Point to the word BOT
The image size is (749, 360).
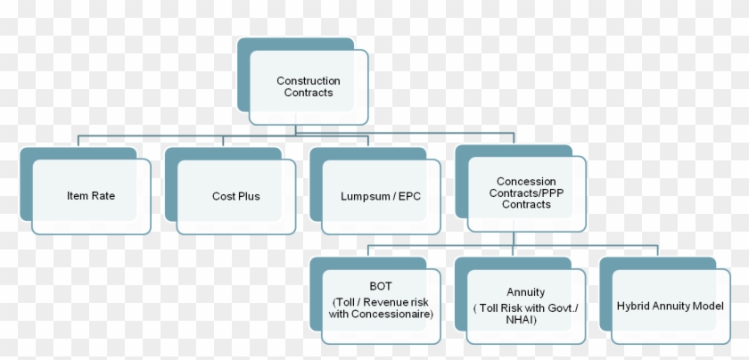[381, 286]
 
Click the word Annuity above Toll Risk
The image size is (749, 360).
[525, 292]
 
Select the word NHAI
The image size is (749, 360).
[521, 320]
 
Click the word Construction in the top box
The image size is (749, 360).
[309, 81]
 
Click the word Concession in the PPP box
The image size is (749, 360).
[526, 182]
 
